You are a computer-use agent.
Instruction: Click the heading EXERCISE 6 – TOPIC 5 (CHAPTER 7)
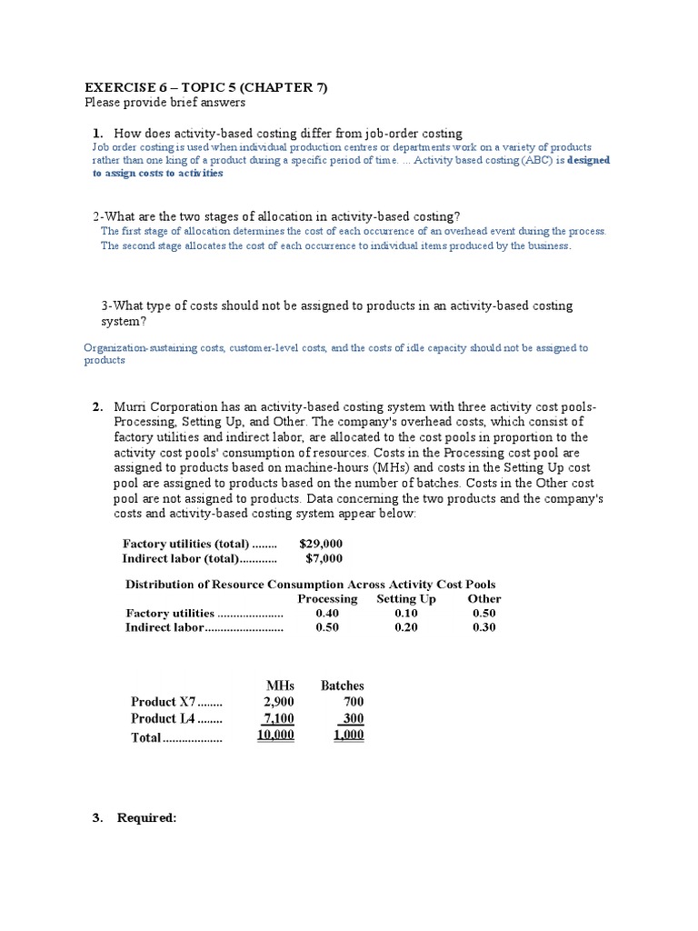point(205,87)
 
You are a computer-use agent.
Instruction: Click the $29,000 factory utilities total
point(321,543)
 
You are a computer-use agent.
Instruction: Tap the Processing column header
point(327,598)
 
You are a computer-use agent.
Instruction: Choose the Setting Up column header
point(405,598)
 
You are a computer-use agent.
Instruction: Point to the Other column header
point(484,598)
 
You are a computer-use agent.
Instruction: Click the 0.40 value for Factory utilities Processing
point(327,613)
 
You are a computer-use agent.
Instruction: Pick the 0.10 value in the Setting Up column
point(406,613)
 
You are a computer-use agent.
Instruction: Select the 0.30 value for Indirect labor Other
point(484,627)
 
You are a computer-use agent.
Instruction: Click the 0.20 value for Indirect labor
point(406,627)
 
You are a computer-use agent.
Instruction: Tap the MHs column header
point(280,686)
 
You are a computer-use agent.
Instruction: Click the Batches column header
point(342,686)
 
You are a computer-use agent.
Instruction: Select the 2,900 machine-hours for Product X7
point(278,702)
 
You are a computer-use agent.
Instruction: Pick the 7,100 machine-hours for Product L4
point(278,718)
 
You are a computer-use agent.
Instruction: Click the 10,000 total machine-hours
point(275,736)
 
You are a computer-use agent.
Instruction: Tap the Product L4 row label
point(163,719)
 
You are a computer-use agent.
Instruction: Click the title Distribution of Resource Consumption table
point(310,584)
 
